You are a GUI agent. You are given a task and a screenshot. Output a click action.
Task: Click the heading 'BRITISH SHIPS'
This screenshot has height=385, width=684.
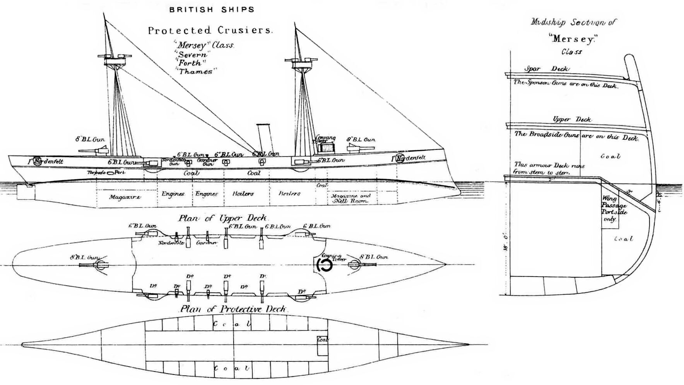pos(212,10)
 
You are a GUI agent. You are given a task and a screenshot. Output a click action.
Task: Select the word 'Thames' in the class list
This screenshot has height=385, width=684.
pos(195,71)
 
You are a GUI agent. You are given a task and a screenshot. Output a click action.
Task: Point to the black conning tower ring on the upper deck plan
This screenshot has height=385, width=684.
pos(324,265)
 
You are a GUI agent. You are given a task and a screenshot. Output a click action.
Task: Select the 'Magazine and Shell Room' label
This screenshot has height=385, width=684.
pos(351,198)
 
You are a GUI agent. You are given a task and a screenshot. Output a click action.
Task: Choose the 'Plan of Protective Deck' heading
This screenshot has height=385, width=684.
pos(233,309)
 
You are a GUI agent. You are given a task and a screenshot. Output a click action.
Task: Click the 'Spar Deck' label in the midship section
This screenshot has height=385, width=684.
pos(547,69)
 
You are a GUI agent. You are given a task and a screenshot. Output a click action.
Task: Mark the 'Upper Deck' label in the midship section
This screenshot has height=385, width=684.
pos(572,119)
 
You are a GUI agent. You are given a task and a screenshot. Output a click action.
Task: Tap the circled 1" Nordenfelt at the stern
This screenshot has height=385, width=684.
pos(38,161)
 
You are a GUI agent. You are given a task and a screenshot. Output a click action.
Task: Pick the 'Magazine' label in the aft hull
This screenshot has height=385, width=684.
pos(125,197)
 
